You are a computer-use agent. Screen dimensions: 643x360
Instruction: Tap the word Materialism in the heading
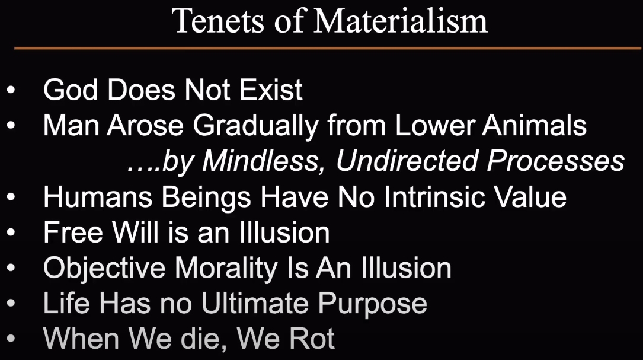tap(400, 21)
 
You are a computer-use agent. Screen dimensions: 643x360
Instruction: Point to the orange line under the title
tap(328, 49)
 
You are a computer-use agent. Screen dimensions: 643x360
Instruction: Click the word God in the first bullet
tap(71, 89)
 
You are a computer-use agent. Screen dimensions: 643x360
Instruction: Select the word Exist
tap(271, 89)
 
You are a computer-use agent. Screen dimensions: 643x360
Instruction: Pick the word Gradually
tap(256, 125)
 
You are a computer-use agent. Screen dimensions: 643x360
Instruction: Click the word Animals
tap(535, 125)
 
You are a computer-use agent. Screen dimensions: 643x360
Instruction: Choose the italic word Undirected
tap(407, 161)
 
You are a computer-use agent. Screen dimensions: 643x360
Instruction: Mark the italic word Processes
tap(556, 161)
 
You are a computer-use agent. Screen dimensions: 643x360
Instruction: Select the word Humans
tap(97, 197)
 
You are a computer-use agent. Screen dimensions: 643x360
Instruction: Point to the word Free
tap(73, 232)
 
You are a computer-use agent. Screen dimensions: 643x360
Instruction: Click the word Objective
tap(104, 268)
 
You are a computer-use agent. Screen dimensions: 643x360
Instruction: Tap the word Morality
tap(226, 268)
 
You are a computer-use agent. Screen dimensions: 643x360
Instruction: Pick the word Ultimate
tap(254, 303)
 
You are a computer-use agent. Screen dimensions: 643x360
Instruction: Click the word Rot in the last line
tap(311, 339)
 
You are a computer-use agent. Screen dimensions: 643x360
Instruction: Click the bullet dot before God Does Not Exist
tap(11, 90)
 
